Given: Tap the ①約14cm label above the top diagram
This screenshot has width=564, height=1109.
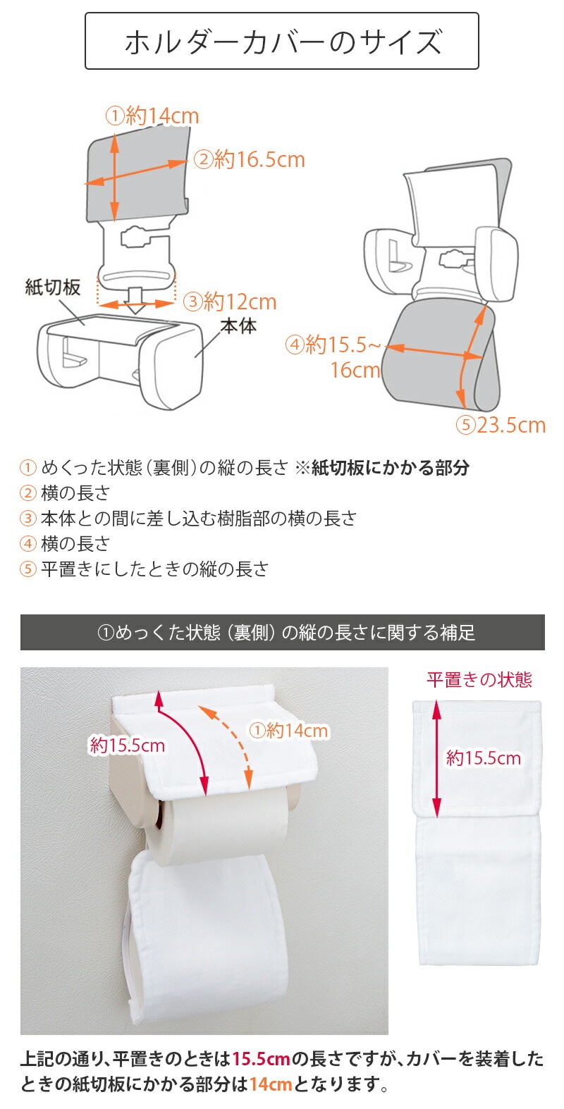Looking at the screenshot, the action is [152, 116].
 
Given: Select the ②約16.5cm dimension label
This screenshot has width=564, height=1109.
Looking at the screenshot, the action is [249, 159].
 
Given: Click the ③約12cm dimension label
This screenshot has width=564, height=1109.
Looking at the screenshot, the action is [230, 302].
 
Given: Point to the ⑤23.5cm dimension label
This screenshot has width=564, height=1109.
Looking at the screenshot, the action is [501, 425].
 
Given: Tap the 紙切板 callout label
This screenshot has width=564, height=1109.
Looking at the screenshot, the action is [52, 287].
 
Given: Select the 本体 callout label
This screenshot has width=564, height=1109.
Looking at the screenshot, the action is [239, 326].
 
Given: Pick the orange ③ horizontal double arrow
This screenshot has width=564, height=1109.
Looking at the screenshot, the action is [136, 304].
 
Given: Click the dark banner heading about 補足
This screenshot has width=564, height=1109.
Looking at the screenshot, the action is [282, 632].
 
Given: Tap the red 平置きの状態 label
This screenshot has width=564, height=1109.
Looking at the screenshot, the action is [479, 679].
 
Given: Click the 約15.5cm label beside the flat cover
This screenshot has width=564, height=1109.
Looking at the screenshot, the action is [484, 757].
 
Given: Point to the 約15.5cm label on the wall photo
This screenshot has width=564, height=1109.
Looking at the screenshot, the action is [127, 745].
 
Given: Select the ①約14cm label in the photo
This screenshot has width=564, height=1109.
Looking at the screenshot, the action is [288, 730].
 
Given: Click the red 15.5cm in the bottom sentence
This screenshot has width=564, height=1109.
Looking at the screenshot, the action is [261, 1059].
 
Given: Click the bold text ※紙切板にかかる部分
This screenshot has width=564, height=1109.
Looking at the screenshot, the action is [382, 467].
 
